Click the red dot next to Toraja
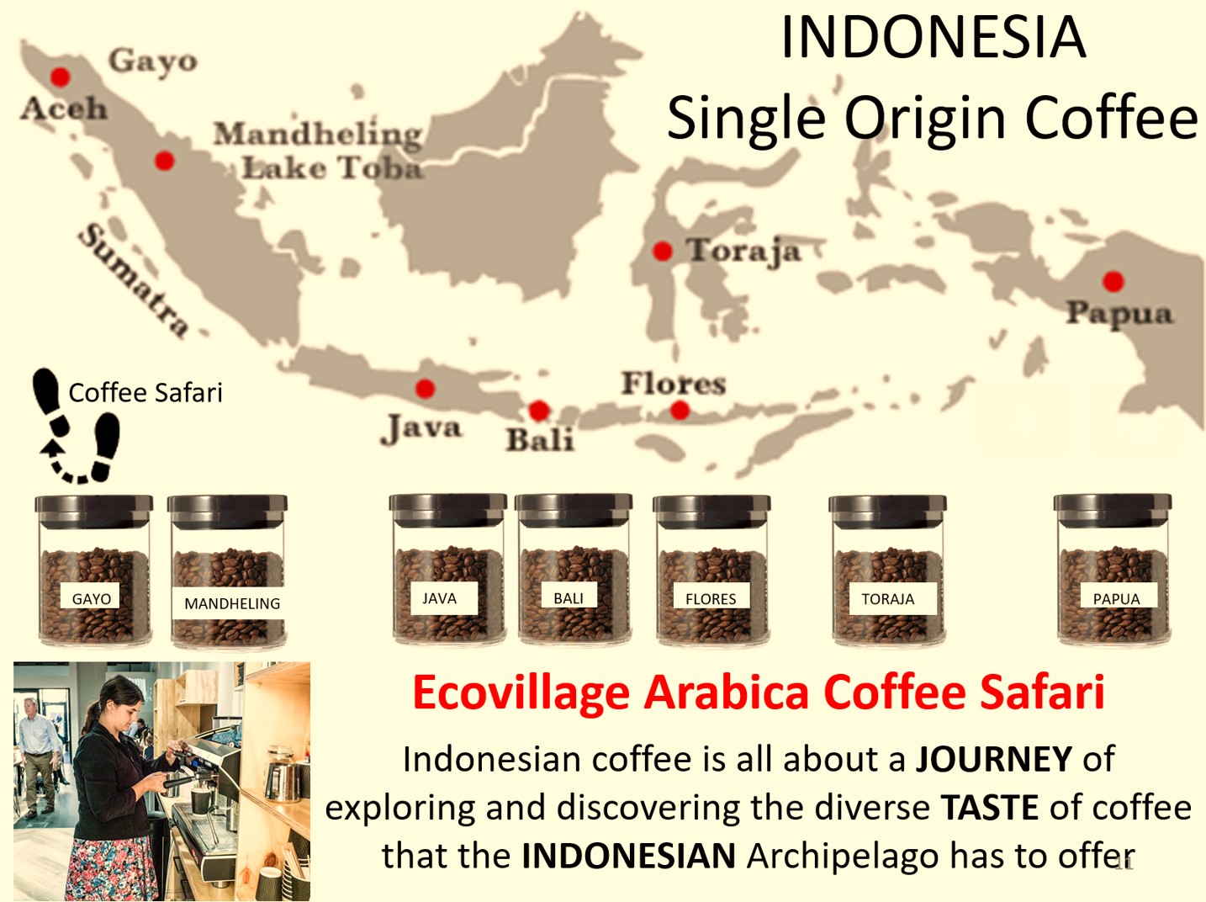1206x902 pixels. (x=663, y=252)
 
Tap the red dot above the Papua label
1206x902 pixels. (x=1113, y=281)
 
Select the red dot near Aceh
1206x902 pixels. (x=61, y=77)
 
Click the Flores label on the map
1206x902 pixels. (x=674, y=384)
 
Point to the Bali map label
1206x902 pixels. (x=541, y=440)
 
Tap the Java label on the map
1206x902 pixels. (x=421, y=429)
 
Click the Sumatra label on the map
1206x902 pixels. (x=133, y=280)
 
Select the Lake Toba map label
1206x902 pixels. (x=333, y=167)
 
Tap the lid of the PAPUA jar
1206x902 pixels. (x=1113, y=510)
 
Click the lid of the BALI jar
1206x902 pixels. (x=574, y=509)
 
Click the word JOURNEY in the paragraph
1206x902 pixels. (x=993, y=759)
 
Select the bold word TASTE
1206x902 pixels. (x=990, y=808)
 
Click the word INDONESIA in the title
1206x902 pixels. (x=933, y=37)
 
